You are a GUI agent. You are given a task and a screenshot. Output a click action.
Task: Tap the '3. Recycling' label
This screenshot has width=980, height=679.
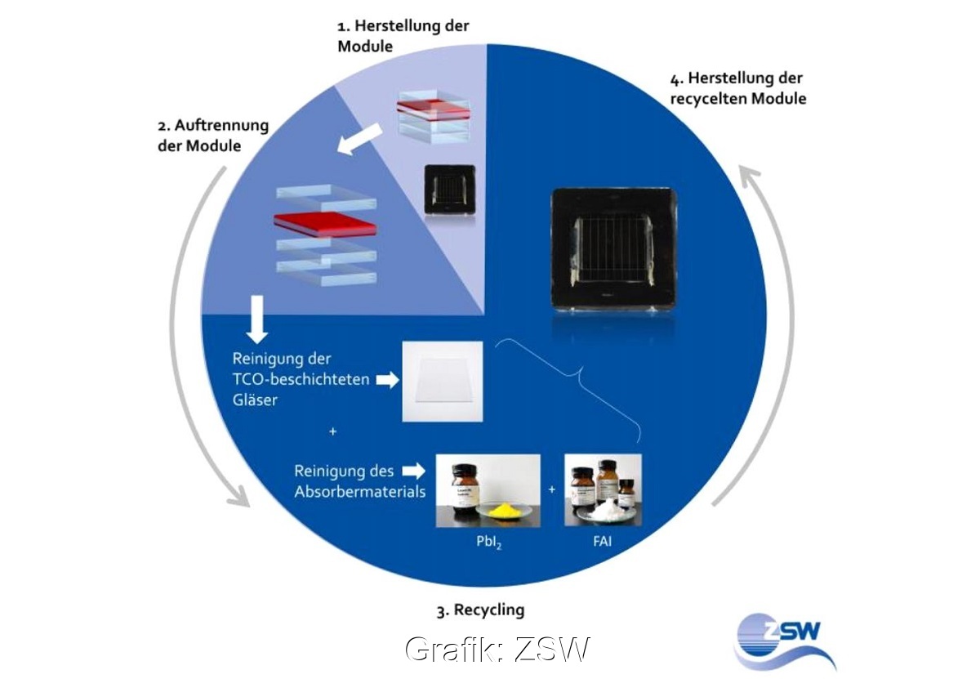[480, 610]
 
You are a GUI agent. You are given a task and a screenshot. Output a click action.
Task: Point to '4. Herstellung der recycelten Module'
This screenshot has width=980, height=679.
[737, 88]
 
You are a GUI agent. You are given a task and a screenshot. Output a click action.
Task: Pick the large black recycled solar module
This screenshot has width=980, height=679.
[614, 248]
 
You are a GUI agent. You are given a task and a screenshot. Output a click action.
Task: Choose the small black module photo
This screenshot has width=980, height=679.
[448, 190]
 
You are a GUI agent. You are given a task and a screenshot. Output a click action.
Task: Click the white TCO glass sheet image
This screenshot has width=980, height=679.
[442, 382]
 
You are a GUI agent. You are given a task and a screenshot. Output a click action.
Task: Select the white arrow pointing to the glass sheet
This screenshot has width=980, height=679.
[386, 379]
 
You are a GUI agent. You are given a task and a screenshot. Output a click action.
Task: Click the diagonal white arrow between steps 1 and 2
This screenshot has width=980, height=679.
[361, 137]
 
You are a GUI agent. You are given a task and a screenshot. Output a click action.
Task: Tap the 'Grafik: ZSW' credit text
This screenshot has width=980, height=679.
[497, 650]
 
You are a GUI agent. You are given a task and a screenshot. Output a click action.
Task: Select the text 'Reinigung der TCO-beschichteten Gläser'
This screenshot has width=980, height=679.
[301, 380]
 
